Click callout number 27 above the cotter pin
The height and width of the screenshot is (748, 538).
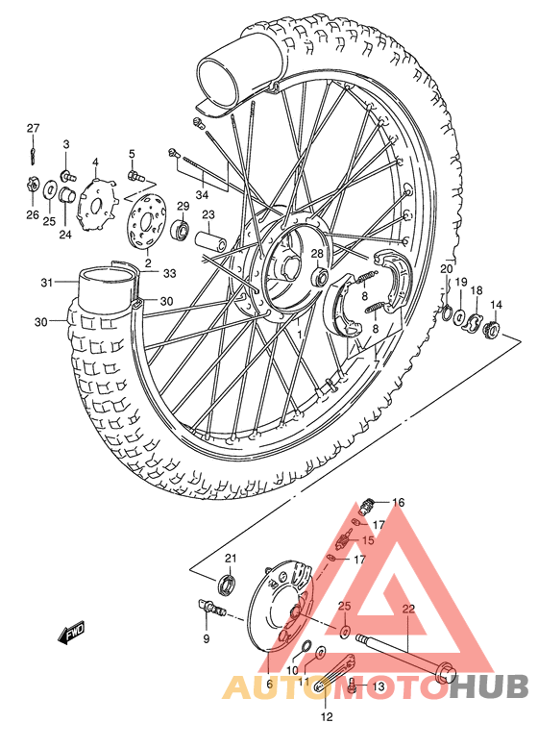(33, 129)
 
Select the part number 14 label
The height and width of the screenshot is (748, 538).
(497, 305)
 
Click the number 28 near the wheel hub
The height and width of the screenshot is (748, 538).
(316, 253)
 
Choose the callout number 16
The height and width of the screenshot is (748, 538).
(398, 502)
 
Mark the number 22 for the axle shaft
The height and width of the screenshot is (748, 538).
(407, 610)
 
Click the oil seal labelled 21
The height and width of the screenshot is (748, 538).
(228, 580)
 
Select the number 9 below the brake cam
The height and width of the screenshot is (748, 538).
(205, 638)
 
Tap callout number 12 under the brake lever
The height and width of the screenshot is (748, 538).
(327, 716)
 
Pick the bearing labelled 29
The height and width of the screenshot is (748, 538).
(179, 231)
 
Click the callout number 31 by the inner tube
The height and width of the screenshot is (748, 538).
(45, 282)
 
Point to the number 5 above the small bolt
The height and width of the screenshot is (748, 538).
(132, 154)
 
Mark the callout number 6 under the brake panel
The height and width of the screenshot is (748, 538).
(269, 684)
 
